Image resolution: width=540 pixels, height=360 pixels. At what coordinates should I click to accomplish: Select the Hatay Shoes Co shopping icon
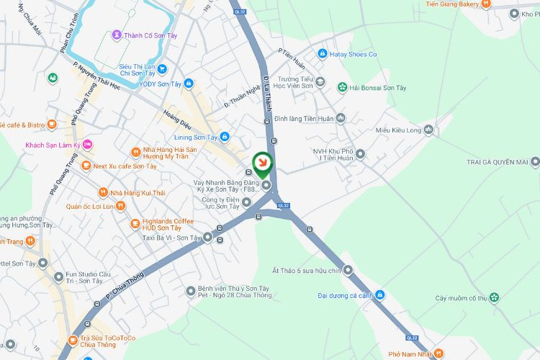(x=323, y=54)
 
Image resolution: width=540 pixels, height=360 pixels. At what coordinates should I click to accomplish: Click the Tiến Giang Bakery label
(x=451, y=4)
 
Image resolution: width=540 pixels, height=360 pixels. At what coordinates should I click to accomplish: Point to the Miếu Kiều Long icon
(x=429, y=130)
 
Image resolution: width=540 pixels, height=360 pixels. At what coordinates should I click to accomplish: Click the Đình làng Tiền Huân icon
(x=341, y=118)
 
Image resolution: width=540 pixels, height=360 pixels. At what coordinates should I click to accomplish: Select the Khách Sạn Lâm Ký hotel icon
(x=88, y=145)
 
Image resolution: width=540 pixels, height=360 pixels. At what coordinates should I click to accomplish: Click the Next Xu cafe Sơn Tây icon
(x=86, y=166)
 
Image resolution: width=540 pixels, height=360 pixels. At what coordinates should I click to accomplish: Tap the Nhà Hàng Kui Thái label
(x=138, y=193)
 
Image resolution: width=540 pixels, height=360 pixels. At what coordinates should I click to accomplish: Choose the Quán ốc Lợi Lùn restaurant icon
(x=120, y=206)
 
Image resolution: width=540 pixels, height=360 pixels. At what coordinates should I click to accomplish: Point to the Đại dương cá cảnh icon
(x=380, y=294)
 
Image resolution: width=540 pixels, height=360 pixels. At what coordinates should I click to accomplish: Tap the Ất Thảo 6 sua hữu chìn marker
(x=348, y=271)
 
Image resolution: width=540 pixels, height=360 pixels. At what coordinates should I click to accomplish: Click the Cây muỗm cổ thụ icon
(x=494, y=297)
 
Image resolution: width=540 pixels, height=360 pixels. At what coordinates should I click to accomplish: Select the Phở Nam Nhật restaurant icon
(x=439, y=354)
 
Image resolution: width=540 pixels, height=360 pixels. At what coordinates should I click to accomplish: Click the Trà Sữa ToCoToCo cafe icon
(x=72, y=340)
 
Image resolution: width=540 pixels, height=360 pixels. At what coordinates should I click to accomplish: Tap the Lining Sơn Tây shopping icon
(x=225, y=137)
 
